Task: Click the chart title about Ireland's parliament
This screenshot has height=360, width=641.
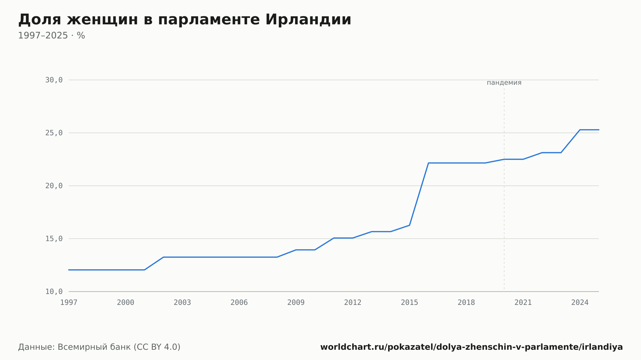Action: coord(185,20)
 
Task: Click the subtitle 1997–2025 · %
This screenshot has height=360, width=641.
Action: coord(52,36)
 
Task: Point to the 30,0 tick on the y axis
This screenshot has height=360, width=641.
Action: coord(54,80)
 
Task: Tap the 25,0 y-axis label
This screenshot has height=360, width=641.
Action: coord(54,133)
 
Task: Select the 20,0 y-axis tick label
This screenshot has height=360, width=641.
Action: coord(54,186)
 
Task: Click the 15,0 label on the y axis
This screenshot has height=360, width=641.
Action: coord(54,239)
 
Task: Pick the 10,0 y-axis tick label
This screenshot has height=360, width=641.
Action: coord(54,291)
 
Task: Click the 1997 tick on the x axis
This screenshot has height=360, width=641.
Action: coord(69,303)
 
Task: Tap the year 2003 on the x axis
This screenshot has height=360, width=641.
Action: coord(182,303)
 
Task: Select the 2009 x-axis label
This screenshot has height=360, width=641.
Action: coord(296,303)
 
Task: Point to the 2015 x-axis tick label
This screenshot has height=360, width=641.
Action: coord(410,303)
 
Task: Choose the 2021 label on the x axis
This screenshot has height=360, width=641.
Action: coord(523,303)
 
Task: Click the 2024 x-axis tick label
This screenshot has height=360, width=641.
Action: coord(580,303)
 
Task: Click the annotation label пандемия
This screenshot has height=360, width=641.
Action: coord(504,83)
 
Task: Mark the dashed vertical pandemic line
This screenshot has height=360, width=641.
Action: coord(504,189)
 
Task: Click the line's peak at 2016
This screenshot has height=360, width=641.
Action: coord(429,163)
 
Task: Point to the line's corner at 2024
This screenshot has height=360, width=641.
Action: coord(580,130)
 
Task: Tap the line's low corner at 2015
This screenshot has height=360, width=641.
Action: coord(410,225)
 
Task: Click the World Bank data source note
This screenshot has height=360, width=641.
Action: coord(99,347)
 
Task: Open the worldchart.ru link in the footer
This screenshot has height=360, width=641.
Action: coord(471,347)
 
